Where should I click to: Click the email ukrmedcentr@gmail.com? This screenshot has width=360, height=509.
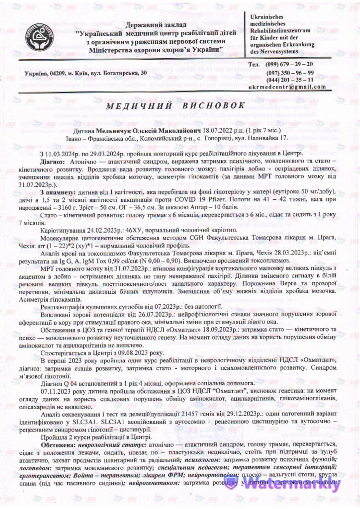[x=287, y=87]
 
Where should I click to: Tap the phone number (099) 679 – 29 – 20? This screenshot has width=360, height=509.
[x=289, y=65]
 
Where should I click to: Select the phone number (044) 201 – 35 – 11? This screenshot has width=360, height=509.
[x=289, y=80]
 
